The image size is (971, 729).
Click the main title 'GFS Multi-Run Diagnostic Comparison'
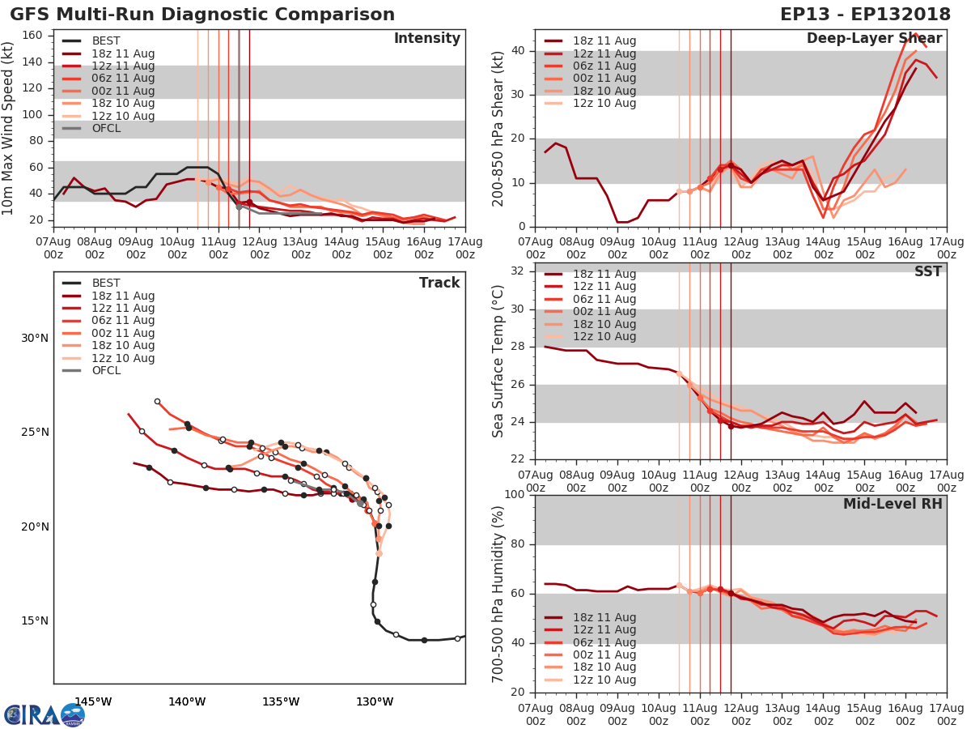[202, 15]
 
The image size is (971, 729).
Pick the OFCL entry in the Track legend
[106, 371]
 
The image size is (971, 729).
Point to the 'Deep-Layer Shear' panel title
[874, 39]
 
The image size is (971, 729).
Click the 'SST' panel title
[928, 271]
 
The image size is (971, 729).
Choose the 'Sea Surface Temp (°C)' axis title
[499, 361]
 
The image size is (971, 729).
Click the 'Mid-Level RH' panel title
[892, 504]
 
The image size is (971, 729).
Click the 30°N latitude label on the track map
[35, 338]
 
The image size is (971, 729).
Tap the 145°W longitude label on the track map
[93, 701]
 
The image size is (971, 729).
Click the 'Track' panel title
[439, 283]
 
